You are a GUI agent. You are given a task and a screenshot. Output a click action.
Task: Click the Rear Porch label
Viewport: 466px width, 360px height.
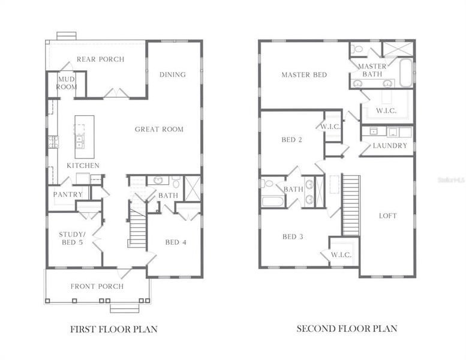click(100, 59)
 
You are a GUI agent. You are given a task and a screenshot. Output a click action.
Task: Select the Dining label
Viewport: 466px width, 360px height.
click(172, 75)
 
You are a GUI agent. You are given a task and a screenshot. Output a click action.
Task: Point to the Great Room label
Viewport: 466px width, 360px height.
click(159, 129)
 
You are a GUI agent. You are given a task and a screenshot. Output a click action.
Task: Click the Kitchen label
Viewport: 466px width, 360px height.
click(83, 166)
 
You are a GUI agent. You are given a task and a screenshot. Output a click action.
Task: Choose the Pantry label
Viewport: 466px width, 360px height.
click(68, 194)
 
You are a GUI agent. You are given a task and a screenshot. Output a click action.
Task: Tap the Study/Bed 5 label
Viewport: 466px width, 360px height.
click(73, 238)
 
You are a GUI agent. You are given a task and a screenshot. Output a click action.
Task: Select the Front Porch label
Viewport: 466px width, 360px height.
click(97, 286)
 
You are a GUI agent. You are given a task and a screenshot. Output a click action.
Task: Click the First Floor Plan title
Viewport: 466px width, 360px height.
click(114, 329)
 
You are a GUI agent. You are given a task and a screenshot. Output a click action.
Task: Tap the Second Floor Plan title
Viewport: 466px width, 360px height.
click(347, 329)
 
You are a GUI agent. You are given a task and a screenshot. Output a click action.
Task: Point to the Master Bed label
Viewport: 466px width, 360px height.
click(304, 75)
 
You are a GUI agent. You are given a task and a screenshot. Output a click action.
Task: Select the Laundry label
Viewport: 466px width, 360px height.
click(389, 146)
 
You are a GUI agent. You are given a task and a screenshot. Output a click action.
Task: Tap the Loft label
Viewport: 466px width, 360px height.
click(387, 216)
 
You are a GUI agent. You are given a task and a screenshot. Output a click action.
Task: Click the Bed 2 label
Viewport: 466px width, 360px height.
click(291, 140)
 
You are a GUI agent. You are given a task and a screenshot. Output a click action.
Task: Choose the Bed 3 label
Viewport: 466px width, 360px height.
click(292, 236)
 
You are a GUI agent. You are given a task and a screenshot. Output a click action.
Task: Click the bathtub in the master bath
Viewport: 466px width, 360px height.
click(406, 73)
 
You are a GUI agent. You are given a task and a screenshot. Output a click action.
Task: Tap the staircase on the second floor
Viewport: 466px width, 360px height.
click(350, 205)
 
